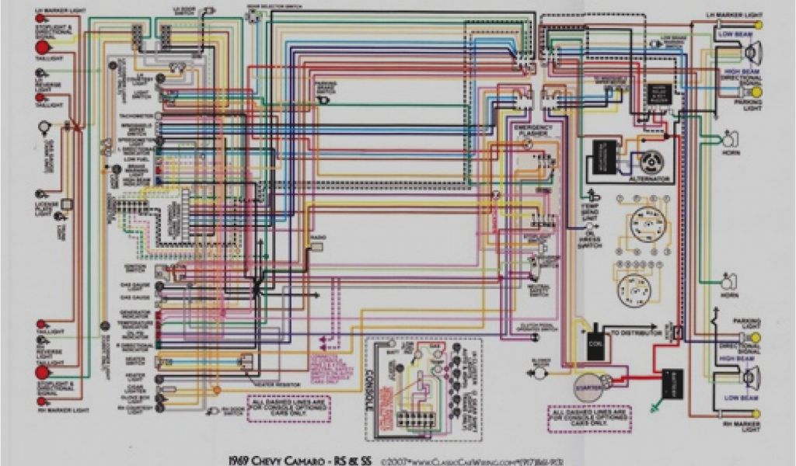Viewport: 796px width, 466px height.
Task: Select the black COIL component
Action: [x=596, y=343]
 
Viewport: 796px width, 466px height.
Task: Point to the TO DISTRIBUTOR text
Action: [x=635, y=332]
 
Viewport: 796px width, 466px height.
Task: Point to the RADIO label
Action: [x=317, y=236]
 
